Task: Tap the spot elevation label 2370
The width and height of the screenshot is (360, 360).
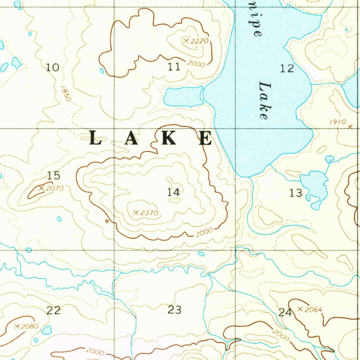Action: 150,213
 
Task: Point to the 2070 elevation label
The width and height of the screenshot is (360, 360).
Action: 54,188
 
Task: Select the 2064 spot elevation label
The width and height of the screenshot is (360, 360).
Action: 314,309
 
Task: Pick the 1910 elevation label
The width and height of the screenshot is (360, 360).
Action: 338,122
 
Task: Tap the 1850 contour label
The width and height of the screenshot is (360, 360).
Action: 66,94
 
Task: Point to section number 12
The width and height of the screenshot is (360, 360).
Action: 287,68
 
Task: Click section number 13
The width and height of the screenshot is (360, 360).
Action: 296,193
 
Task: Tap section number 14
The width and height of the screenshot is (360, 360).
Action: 173,192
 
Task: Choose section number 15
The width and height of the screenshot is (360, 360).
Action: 54,175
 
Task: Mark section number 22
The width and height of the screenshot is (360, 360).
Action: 53,310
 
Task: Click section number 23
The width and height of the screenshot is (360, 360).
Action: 174,310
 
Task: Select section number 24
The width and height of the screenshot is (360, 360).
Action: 285,312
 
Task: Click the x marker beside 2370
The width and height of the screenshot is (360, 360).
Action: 135,213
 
